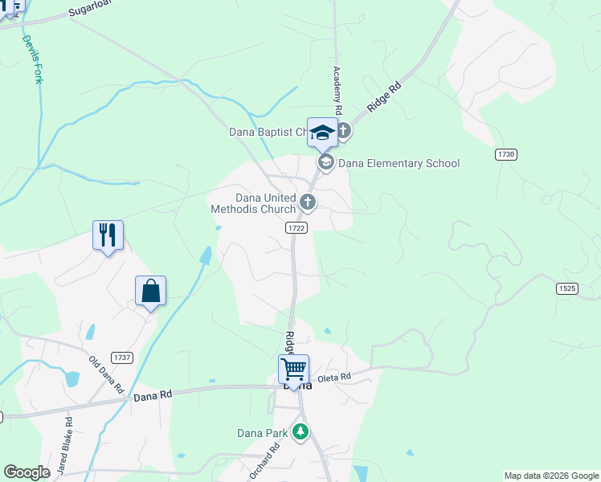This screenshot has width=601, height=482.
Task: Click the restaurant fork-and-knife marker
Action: coord(108,235)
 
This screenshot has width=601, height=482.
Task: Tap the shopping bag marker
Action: coord(150,291)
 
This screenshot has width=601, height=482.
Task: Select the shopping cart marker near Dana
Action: coord(294,370)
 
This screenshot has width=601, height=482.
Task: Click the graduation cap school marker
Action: coord(322,133)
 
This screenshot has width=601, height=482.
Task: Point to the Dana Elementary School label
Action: coord(399,163)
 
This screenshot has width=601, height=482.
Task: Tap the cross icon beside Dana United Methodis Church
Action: coord(307,202)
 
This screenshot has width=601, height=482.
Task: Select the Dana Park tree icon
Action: coord(300,432)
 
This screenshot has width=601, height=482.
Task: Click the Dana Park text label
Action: coord(261,433)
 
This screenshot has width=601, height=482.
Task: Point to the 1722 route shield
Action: coord(296,228)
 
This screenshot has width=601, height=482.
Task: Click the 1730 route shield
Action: coord(505,153)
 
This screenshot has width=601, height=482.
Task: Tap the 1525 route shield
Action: coord(566,288)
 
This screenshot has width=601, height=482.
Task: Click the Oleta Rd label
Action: coord(335,377)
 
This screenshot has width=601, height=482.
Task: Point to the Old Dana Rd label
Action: coord(106,375)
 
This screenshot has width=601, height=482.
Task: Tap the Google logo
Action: coord(27,472)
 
